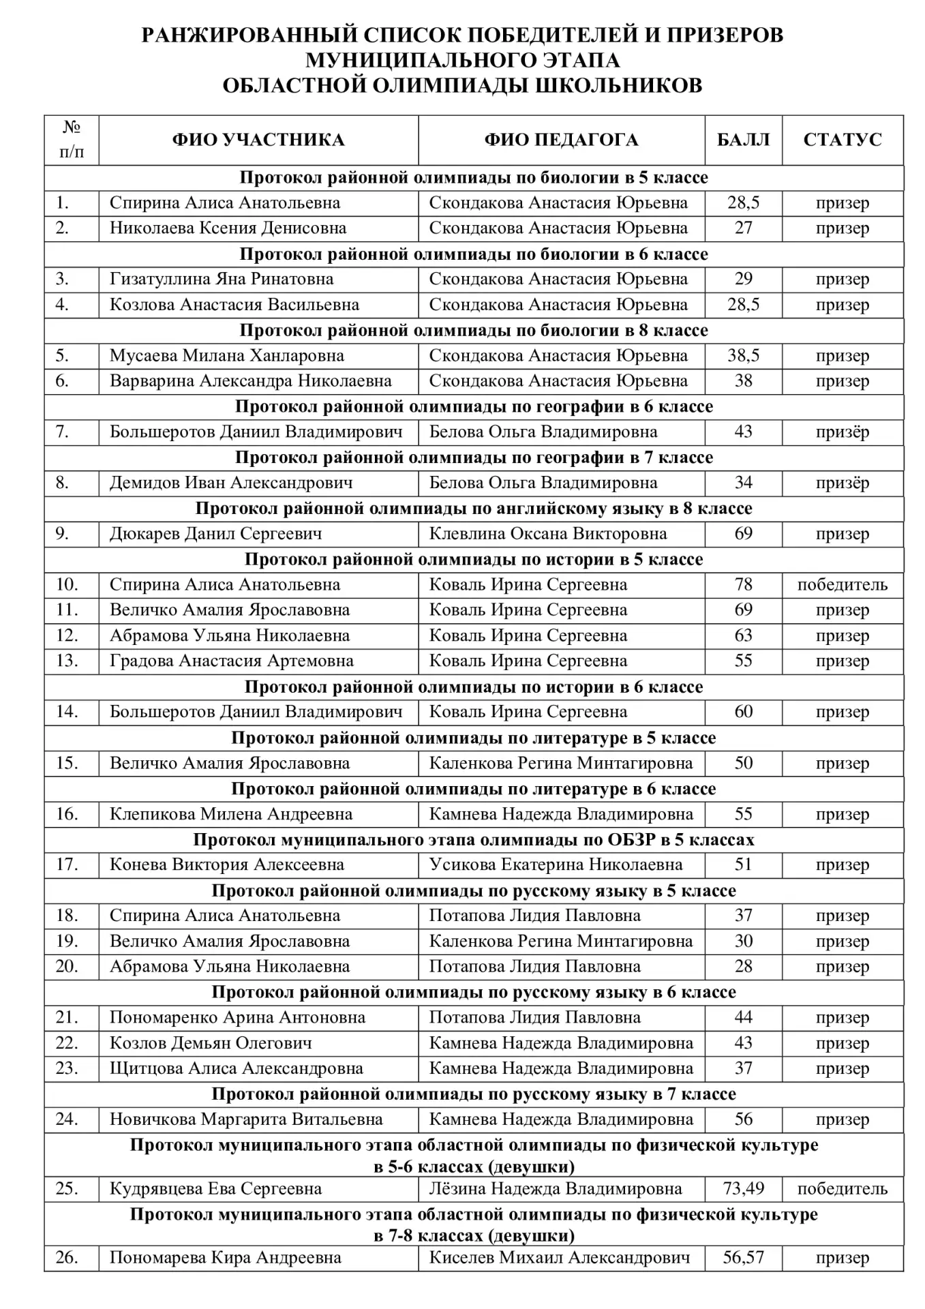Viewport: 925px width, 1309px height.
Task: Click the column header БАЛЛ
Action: [743, 140]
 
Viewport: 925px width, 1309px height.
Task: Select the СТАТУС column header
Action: [842, 140]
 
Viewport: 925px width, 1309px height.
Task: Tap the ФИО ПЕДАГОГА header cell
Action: [561, 140]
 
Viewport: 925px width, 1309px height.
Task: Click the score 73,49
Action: [743, 1189]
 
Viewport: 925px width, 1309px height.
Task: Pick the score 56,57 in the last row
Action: [743, 1258]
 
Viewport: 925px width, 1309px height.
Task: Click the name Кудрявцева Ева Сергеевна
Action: [215, 1189]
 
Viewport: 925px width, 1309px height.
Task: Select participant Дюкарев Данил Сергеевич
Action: [215, 534]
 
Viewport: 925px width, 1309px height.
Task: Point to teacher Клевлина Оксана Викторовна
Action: [547, 534]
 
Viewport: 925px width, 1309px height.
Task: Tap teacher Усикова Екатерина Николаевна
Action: [556, 865]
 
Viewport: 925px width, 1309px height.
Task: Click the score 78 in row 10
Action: [743, 585]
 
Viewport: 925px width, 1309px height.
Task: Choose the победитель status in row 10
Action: [842, 585]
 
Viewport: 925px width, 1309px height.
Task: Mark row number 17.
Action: [67, 865]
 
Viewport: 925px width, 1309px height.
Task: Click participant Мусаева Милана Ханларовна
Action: [226, 356]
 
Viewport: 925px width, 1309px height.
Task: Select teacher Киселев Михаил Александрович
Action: [559, 1258]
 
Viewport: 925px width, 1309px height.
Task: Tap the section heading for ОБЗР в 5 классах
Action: [474, 840]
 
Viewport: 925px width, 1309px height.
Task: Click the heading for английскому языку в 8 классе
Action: [474, 509]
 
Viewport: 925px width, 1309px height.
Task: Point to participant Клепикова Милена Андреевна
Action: [231, 814]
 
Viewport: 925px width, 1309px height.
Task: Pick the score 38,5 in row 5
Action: [743, 356]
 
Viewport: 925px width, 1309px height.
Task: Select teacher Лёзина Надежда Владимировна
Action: [555, 1189]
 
